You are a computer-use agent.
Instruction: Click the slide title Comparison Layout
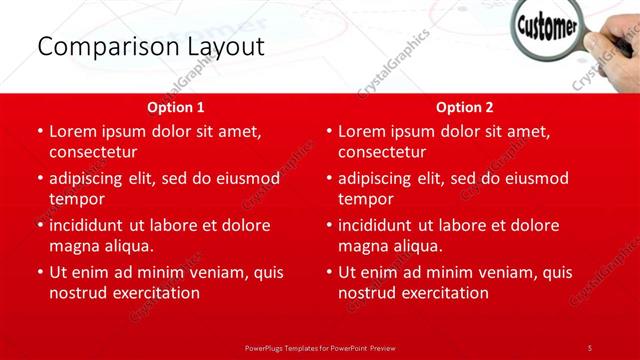point(150,47)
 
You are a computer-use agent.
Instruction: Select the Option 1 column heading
point(176,107)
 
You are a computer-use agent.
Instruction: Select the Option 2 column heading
point(465,107)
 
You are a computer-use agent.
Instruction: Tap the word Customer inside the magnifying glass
point(545,31)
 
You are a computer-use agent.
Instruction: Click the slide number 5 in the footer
point(590,347)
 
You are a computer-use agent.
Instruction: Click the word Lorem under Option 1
point(74,131)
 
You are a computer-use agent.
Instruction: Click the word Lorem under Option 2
point(363,131)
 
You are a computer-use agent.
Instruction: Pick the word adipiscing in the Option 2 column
point(381,178)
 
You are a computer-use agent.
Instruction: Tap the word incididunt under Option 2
point(380,225)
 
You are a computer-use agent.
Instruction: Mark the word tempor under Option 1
point(76,199)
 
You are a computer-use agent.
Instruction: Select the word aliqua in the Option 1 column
point(127,246)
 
